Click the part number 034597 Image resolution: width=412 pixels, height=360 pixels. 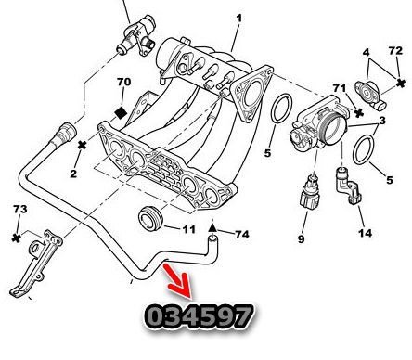(199, 316)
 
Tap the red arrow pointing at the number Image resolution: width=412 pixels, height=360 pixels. (179, 281)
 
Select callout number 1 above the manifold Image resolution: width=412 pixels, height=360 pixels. (238, 18)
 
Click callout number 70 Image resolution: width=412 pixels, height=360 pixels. (123, 82)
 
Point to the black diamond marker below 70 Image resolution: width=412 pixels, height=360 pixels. (121, 112)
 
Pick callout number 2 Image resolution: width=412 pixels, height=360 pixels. (73, 174)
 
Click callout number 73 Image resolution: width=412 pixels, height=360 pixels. (20, 209)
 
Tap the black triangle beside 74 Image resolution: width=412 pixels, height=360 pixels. (212, 228)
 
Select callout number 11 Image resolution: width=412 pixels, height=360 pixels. (189, 229)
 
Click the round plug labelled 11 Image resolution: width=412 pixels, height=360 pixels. (150, 218)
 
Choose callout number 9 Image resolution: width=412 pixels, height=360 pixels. (302, 238)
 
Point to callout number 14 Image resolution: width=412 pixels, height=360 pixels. (365, 233)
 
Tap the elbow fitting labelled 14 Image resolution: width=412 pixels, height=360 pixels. (345, 186)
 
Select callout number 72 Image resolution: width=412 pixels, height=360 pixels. (395, 50)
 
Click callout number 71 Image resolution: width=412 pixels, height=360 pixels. (340, 88)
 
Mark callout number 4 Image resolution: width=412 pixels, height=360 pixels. (367, 52)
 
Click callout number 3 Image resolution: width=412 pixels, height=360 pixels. (382, 121)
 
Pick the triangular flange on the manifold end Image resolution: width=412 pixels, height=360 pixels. (251, 94)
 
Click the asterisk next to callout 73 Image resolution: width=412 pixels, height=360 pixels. (17, 238)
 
